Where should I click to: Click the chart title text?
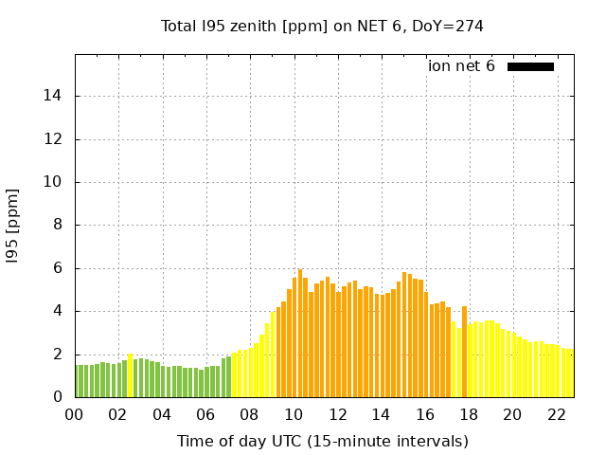click(322, 27)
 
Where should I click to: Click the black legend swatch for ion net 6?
click(530, 66)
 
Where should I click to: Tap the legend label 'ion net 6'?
click(461, 66)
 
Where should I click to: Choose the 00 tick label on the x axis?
click(75, 415)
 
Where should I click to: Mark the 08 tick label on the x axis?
click(249, 415)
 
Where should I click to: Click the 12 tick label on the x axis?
click(337, 415)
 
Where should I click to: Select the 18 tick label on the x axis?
click(468, 415)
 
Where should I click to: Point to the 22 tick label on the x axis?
click(556, 415)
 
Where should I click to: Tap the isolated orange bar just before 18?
click(464, 352)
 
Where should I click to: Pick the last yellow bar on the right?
click(570, 373)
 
